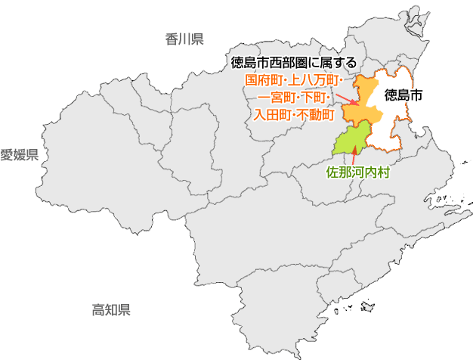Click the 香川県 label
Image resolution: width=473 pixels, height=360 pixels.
(x=184, y=39)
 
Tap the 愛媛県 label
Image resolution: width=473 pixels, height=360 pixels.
(x=19, y=155)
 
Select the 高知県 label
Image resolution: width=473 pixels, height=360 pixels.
(x=111, y=309)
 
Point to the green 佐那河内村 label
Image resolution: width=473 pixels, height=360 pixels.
(x=357, y=172)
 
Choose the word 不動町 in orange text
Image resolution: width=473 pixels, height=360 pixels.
(x=316, y=115)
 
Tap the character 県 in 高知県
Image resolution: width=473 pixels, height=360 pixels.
(x=125, y=309)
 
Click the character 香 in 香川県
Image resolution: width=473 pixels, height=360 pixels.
(x=172, y=39)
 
